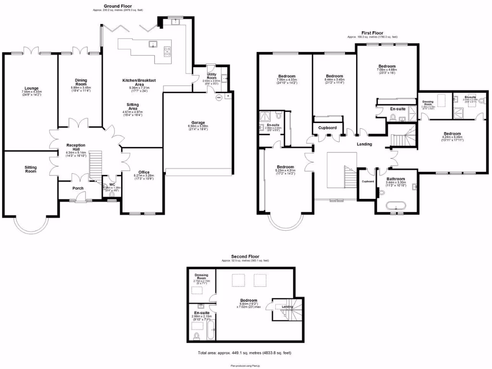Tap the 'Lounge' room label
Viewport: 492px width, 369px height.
tap(32, 88)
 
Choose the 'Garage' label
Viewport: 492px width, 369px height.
tap(198, 123)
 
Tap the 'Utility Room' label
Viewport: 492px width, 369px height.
tap(212, 76)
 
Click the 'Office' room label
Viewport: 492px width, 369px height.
tap(144, 172)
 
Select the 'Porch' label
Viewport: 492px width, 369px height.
tap(78, 188)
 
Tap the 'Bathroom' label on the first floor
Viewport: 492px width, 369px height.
tap(396, 179)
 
